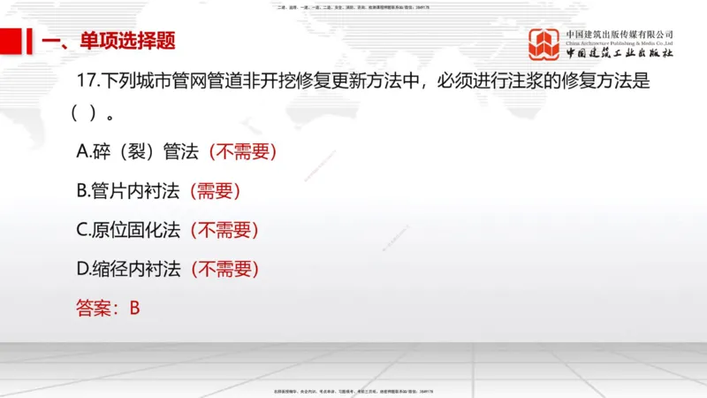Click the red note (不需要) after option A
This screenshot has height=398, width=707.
[243, 151]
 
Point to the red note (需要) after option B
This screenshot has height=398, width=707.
[216, 190]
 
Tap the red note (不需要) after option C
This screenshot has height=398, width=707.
[224, 230]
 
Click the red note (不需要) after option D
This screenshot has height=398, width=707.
[224, 269]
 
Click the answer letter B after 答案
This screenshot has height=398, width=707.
[134, 308]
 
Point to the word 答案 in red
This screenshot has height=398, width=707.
[95, 308]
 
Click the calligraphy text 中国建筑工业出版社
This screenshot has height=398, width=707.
[620, 54]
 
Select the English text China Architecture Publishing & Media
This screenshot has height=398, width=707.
[620, 43]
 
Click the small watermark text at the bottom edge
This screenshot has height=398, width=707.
[353, 390]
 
